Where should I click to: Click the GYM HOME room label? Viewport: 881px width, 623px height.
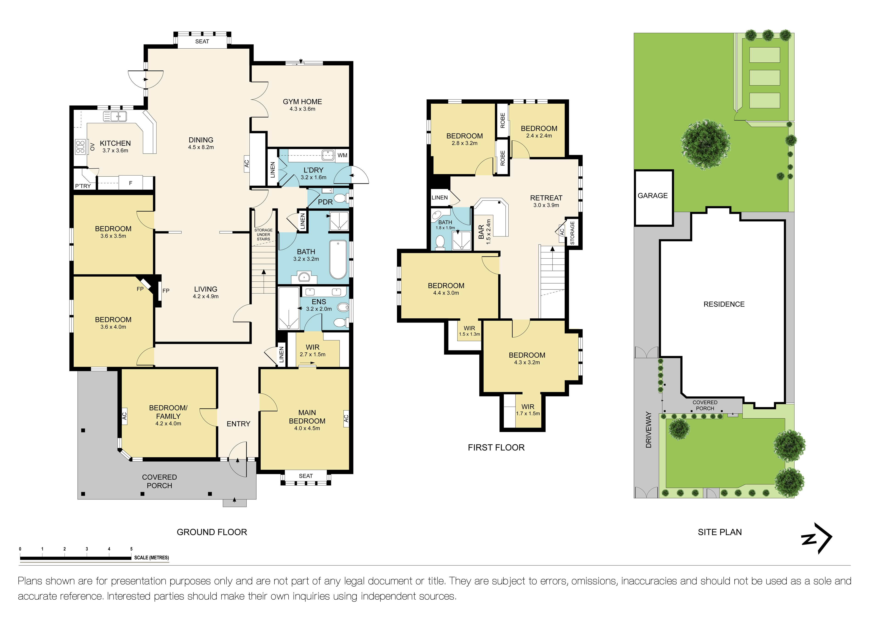pos(302,102)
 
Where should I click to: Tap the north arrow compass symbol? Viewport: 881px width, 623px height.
pos(817,538)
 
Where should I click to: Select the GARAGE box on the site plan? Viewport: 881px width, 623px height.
pos(653,198)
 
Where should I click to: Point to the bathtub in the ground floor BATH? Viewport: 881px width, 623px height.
pos(338,259)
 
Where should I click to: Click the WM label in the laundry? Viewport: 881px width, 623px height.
pos(342,155)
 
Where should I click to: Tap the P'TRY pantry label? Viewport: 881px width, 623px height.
pos(83,186)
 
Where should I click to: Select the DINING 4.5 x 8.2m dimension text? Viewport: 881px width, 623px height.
pos(201,147)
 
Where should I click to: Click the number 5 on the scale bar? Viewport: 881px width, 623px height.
pos(131,549)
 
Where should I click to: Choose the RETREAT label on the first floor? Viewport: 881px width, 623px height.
pos(546,198)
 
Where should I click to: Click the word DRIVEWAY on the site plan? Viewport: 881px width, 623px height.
pos(648,430)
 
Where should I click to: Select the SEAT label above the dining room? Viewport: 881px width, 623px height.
pos(202,42)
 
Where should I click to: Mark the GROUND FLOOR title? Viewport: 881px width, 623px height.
pos(212,532)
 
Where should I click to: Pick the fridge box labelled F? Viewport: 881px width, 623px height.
pos(131,183)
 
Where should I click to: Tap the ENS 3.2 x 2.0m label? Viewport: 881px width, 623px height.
pos(319,305)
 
